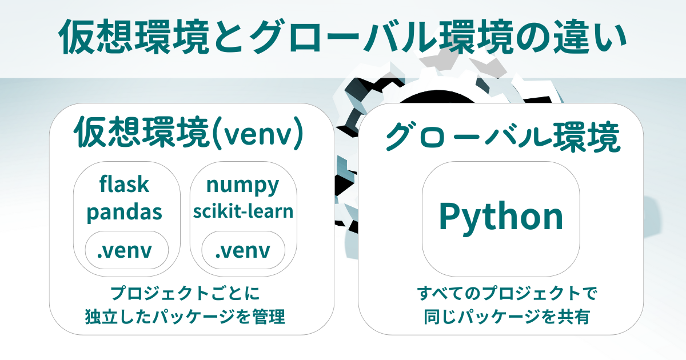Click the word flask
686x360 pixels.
(x=125, y=184)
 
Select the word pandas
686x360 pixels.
(x=125, y=212)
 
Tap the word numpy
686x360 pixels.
(x=243, y=186)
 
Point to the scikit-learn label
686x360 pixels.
(x=243, y=211)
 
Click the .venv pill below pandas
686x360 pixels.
(x=127, y=250)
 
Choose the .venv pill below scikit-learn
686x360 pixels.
(x=243, y=250)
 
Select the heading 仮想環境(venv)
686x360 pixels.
(x=189, y=133)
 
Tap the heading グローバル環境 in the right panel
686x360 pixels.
(x=502, y=137)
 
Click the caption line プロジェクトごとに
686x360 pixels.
(x=185, y=293)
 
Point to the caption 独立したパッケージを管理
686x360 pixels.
(x=185, y=317)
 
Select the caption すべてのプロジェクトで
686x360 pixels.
(x=507, y=293)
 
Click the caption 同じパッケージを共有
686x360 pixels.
(x=507, y=317)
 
